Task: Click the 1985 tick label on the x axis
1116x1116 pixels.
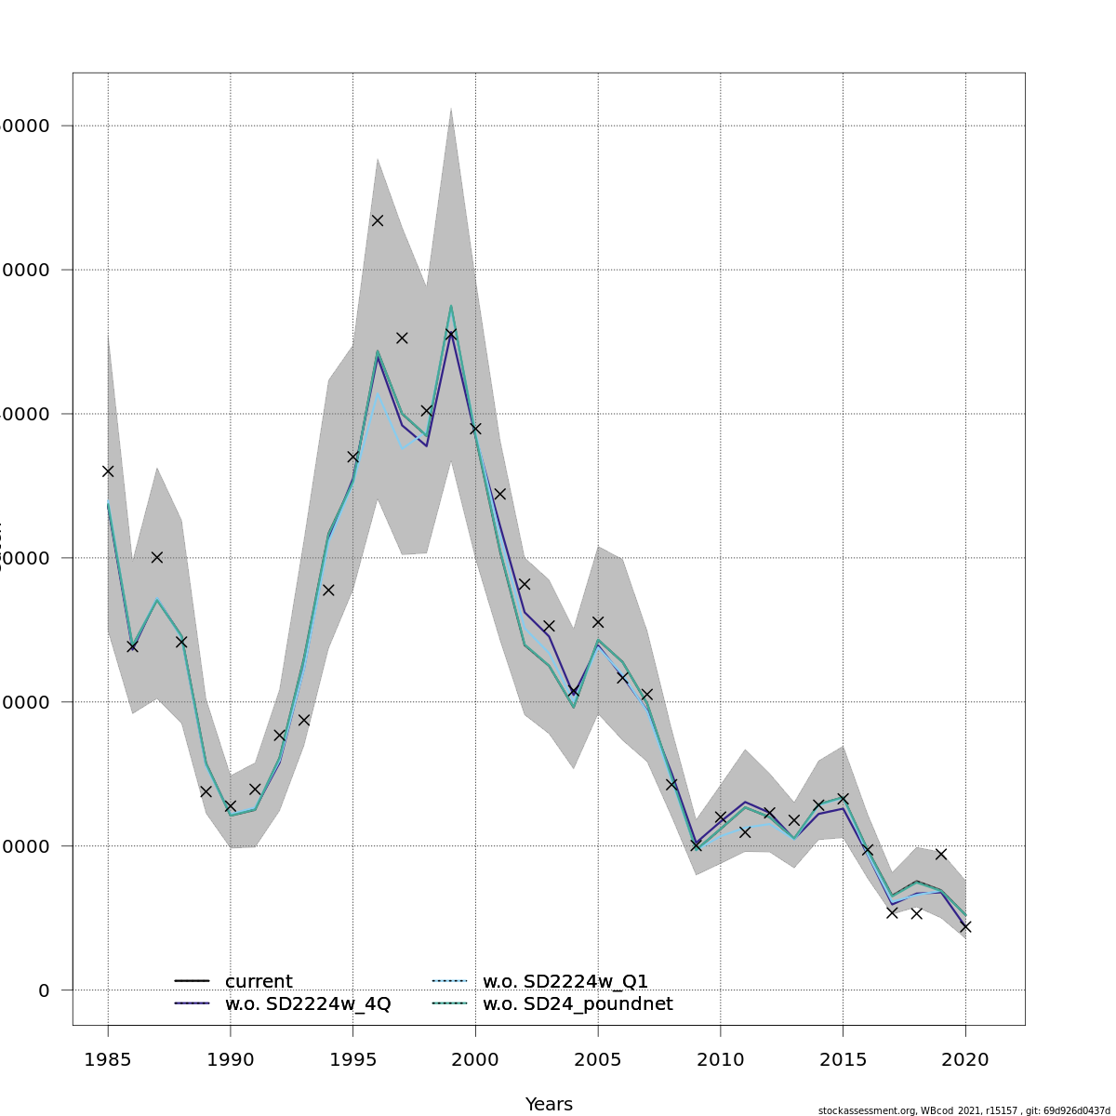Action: tap(108, 1059)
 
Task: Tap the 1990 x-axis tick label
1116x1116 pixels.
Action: tap(231, 1059)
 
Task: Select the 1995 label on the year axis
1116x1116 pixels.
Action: tap(353, 1059)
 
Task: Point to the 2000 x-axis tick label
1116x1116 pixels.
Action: tap(475, 1059)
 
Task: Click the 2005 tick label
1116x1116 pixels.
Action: tap(598, 1059)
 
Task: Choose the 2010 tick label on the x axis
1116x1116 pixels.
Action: tap(721, 1059)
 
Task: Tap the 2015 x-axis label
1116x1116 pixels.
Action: tap(843, 1059)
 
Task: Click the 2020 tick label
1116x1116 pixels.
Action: tap(965, 1059)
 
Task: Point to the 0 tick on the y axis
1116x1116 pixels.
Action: tap(45, 990)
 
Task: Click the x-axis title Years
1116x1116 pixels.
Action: tap(549, 1104)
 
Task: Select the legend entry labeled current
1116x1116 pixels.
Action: tap(259, 981)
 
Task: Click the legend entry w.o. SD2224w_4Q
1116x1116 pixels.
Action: tap(308, 1004)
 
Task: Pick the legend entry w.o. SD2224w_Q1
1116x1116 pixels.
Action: tap(565, 981)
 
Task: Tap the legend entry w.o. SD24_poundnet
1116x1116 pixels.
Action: tap(577, 1004)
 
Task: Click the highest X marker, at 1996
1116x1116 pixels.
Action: tap(378, 220)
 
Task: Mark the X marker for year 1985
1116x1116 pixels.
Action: tap(108, 472)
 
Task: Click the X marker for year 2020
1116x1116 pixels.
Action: tap(965, 926)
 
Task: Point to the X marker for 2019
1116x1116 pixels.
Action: tap(941, 854)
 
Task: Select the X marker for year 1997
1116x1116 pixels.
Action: tap(402, 338)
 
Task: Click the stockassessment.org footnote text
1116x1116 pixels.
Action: tap(963, 1110)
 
